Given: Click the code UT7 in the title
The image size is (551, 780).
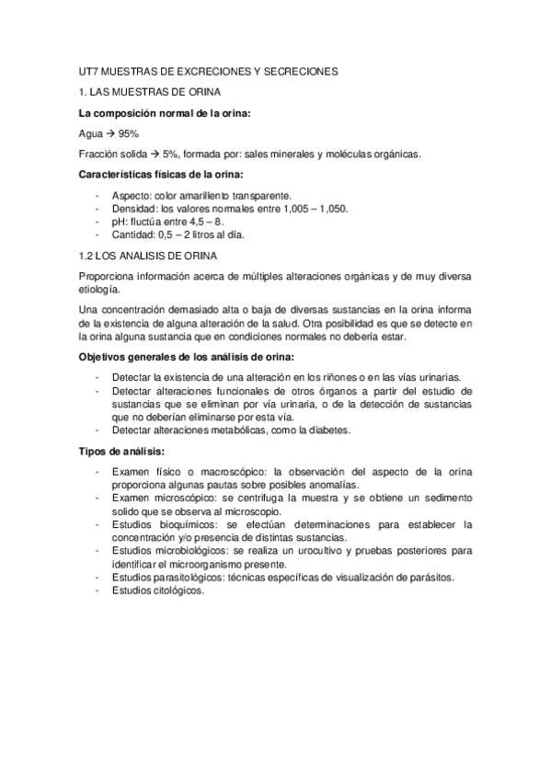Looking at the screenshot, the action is [89, 70].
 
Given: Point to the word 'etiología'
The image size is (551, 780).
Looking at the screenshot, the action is [101, 287].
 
